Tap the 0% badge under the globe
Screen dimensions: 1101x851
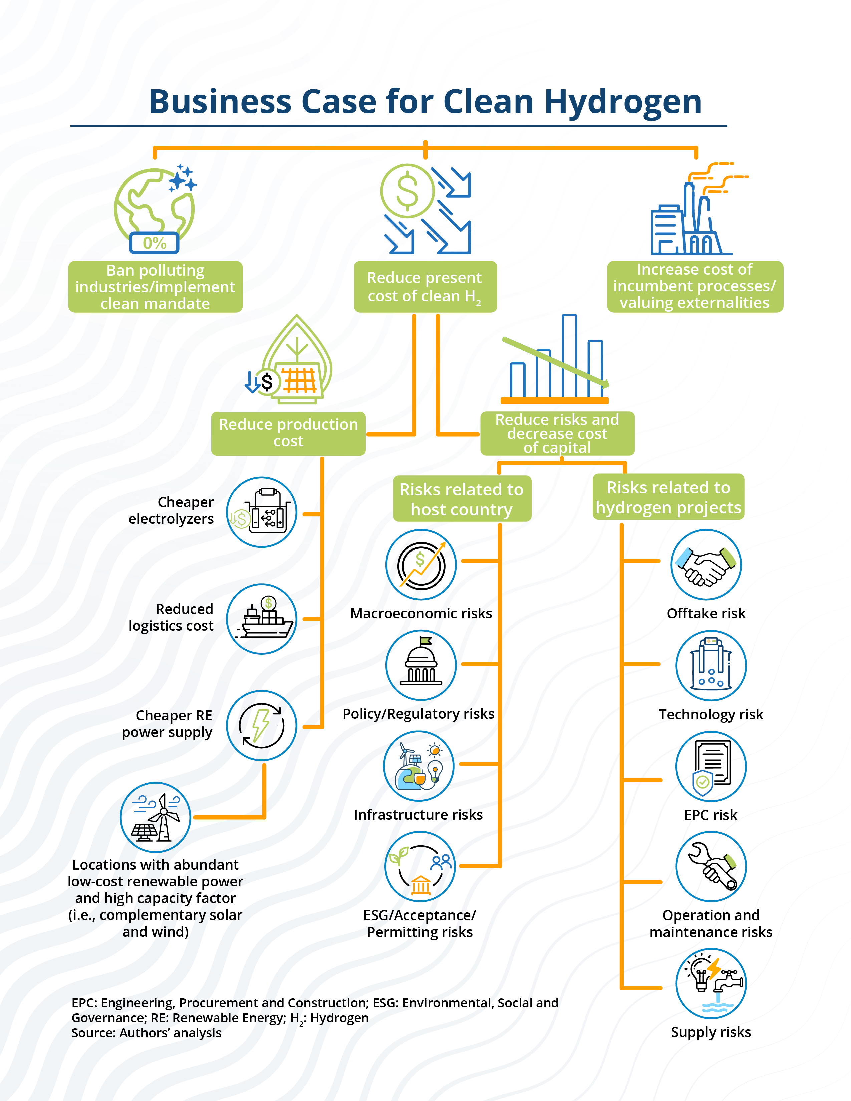pos(154,243)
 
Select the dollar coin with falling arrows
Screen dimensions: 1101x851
pos(407,191)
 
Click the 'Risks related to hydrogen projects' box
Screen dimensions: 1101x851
pos(668,497)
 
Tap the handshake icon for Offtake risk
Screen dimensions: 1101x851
pos(706,565)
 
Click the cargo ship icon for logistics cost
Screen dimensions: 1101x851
pos(262,619)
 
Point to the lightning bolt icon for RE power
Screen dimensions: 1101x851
pos(261,725)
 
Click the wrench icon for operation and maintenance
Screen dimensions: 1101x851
pos(711,866)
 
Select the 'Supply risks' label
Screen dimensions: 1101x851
pos(711,1032)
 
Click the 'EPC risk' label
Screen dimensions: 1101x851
pos(711,815)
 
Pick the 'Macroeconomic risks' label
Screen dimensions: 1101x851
pos(421,614)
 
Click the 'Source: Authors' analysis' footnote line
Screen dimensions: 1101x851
pos(146,1033)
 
